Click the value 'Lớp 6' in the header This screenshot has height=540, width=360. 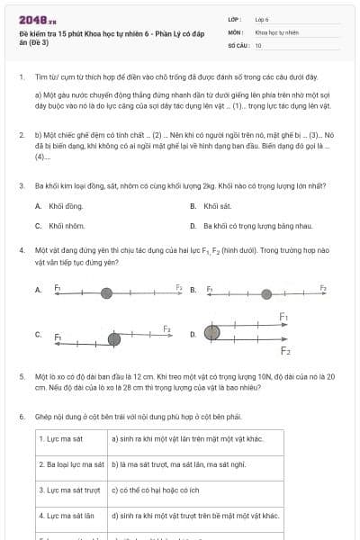tap(262, 19)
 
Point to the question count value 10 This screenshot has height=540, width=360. tap(258, 44)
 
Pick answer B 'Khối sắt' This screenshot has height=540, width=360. tap(217, 206)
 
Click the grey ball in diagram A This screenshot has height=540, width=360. tap(107, 292)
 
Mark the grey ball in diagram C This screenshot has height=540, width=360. tap(114, 338)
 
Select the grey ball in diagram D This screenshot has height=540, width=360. tap(212, 333)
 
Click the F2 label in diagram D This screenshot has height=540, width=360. tap(285, 349)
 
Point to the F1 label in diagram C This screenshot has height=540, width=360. tap(58, 337)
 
